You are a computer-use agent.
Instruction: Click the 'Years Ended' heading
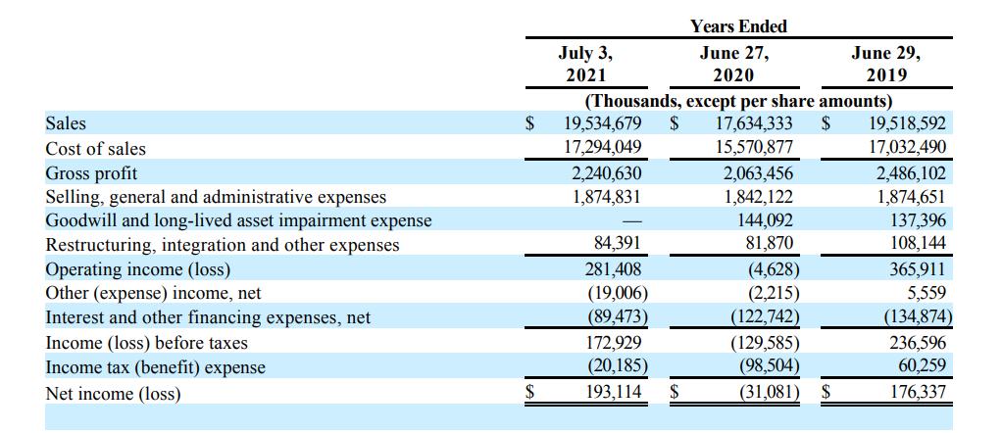(x=737, y=26)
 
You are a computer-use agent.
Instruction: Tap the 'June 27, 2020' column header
(x=734, y=64)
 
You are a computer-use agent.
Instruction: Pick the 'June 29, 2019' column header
(x=886, y=64)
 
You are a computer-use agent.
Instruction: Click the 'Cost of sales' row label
(x=96, y=149)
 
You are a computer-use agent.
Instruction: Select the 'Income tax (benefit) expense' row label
(x=156, y=367)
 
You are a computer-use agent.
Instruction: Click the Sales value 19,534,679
(x=602, y=124)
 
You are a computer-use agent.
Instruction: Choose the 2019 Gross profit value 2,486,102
(x=907, y=173)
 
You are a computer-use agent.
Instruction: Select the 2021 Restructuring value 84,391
(x=618, y=245)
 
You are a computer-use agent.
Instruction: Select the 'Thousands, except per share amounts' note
(x=738, y=101)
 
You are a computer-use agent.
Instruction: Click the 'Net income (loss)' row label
(x=114, y=394)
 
